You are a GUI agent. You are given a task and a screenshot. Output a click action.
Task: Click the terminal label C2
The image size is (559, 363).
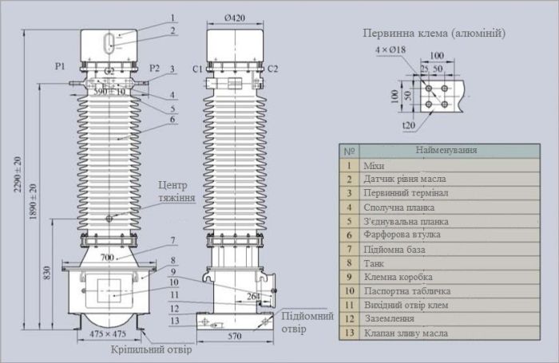click(x=273, y=69)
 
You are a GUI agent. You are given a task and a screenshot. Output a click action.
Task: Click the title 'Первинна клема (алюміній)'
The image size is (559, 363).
click(x=434, y=34)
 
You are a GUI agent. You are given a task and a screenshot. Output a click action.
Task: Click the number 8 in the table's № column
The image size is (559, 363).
click(x=348, y=263)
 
